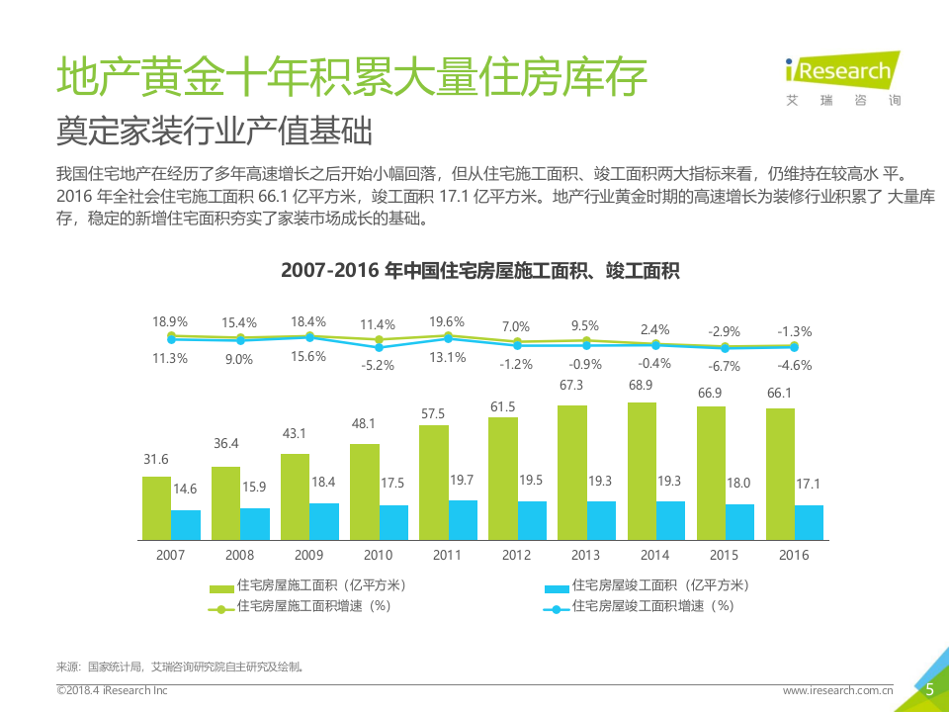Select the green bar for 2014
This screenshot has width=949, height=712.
click(642, 471)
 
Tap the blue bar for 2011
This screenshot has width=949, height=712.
click(463, 519)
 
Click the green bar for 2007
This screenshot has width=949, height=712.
click(156, 507)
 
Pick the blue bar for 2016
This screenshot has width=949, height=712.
click(809, 522)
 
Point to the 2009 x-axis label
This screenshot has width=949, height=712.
click(309, 555)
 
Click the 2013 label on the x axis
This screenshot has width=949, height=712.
click(586, 555)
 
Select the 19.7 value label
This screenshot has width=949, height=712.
click(463, 480)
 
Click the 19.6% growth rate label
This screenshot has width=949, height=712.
click(448, 321)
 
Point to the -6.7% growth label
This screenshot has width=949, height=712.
click(725, 366)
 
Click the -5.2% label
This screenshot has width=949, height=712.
click(378, 365)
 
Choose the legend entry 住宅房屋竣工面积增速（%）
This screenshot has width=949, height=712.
click(653, 606)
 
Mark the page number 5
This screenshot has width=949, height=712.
click(929, 691)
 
